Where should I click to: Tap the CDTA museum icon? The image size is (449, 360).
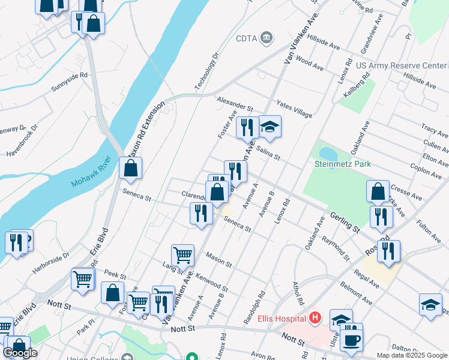[267, 37]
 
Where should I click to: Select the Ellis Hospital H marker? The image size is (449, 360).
[315, 319]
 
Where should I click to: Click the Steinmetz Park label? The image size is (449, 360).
[343, 163]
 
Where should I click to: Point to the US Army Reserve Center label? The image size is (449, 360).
[401, 65]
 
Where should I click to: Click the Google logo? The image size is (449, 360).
[20, 353]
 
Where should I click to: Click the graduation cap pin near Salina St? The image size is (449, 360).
[270, 127]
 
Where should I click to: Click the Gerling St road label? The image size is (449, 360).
[343, 221]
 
